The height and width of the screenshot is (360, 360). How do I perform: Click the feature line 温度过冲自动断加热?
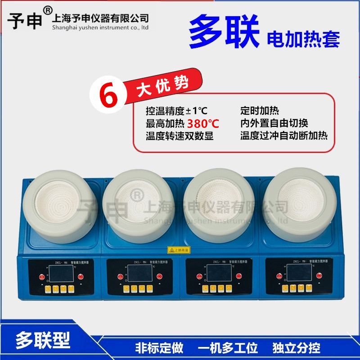(x=284, y=135)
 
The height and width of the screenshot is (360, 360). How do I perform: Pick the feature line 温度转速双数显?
(x=179, y=135)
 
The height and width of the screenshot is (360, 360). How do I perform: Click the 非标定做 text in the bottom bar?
(x=159, y=348)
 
